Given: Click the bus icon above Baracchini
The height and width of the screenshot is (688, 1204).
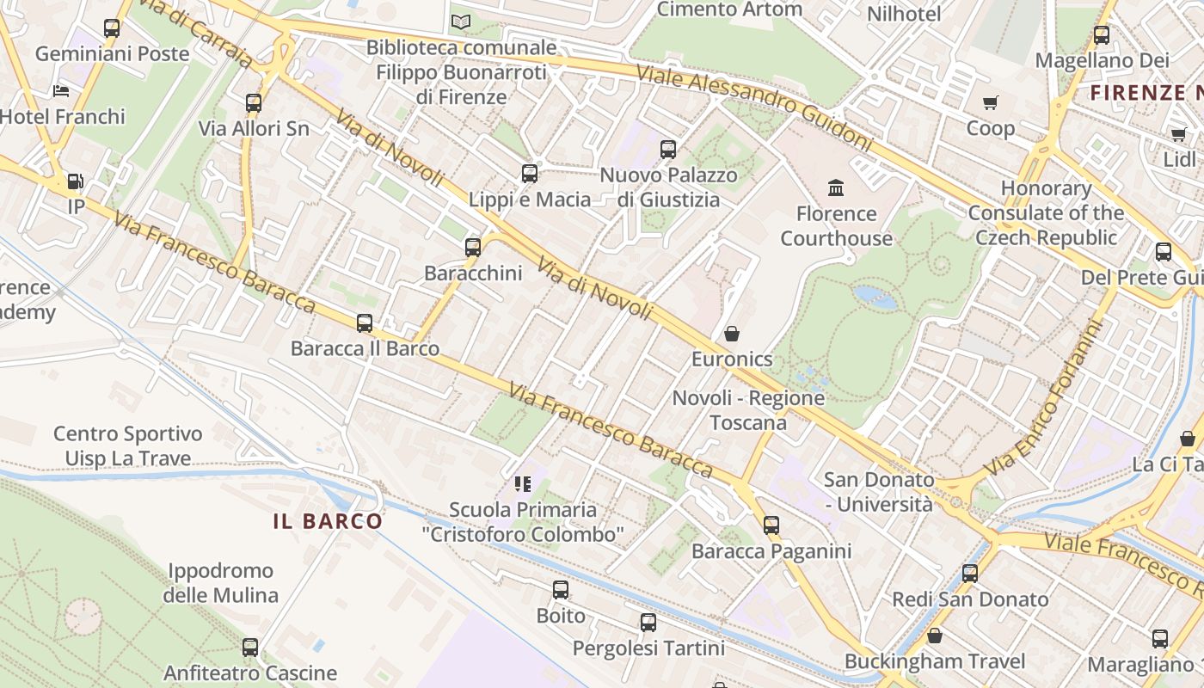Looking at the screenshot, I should pyautogui.click(x=472, y=248).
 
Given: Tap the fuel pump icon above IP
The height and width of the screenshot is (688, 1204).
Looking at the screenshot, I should pyautogui.click(x=76, y=181).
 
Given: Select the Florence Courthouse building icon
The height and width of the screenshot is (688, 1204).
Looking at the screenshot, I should pyautogui.click(x=835, y=187).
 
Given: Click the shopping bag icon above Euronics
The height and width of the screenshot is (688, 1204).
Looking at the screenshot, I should pyautogui.click(x=732, y=333).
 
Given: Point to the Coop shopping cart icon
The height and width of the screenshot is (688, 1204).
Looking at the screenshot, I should pyautogui.click(x=990, y=103).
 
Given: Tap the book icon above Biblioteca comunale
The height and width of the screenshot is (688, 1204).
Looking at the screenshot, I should pyautogui.click(x=461, y=21).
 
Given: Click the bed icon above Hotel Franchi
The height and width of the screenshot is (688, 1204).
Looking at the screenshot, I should pyautogui.click(x=60, y=90).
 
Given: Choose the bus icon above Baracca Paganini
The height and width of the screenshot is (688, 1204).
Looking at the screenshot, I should pyautogui.click(x=771, y=525).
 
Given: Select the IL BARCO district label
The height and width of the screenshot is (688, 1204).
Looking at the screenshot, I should pyautogui.click(x=328, y=521).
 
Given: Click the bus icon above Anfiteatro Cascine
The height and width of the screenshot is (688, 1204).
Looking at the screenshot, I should pyautogui.click(x=249, y=647).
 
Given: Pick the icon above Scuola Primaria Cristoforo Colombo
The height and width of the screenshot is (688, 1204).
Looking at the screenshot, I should pyautogui.click(x=522, y=484).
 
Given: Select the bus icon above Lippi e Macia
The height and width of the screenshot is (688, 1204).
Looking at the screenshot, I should pyautogui.click(x=529, y=174).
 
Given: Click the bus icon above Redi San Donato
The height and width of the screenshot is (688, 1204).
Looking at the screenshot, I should pyautogui.click(x=969, y=574).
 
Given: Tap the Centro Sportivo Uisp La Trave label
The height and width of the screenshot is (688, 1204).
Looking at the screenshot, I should pyautogui.click(x=127, y=446).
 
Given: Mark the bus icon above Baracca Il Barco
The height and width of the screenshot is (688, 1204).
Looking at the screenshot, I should pyautogui.click(x=365, y=323).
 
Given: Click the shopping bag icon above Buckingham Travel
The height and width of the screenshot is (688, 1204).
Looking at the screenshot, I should pyautogui.click(x=935, y=636).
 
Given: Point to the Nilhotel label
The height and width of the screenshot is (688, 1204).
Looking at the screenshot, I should pyautogui.click(x=904, y=14).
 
